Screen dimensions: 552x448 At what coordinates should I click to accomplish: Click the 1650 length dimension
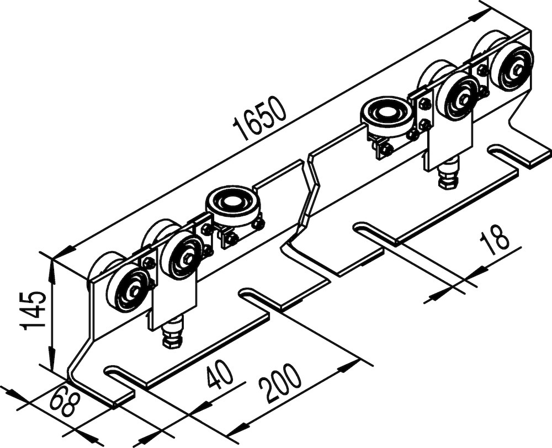click(260, 118)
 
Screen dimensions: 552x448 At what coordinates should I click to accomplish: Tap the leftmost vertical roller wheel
click(128, 289)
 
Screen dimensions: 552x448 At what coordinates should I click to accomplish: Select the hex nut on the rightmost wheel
click(517, 67)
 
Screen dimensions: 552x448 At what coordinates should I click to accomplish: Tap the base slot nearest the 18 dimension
click(374, 232)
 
